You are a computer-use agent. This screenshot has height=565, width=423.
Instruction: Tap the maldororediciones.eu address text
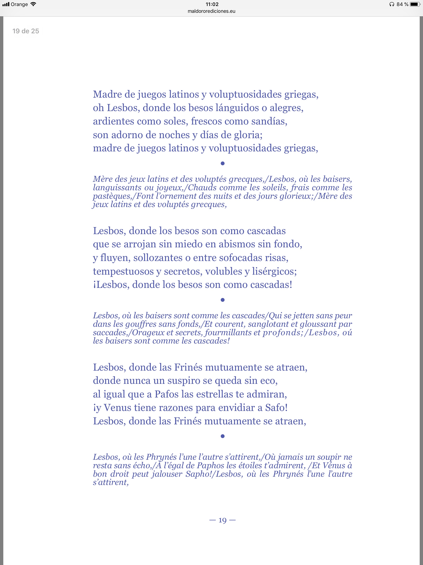click(211, 11)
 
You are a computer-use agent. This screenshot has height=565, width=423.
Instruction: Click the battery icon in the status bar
click(415, 4)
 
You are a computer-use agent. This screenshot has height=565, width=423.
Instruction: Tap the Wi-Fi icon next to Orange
click(33, 4)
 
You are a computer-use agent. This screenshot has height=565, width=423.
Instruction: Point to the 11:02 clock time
click(212, 4)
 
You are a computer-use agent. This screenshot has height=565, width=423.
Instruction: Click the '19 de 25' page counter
click(26, 31)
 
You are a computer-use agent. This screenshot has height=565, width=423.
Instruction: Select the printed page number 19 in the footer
click(222, 520)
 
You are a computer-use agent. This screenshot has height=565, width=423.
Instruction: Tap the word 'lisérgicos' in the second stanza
click(274, 271)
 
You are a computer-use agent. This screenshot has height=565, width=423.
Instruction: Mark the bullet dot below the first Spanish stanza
click(222, 163)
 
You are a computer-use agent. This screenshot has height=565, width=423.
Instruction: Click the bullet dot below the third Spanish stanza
click(222, 436)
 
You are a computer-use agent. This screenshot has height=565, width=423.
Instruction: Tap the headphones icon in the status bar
click(392, 4)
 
